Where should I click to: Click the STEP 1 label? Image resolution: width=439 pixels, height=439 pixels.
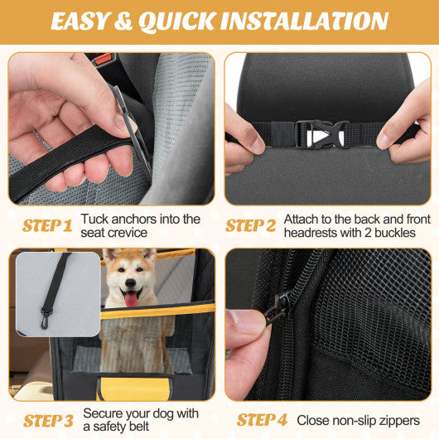click(46, 225)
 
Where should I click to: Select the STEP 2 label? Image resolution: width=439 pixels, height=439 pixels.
click(251, 225)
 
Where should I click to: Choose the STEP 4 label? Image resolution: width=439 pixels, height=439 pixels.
click(263, 421)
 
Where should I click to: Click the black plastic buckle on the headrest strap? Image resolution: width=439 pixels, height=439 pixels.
click(322, 134)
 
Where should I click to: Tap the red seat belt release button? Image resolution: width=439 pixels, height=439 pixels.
click(103, 60)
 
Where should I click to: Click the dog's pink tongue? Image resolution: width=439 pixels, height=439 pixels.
click(131, 297)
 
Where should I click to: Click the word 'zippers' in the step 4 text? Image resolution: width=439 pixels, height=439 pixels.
click(398, 421)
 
